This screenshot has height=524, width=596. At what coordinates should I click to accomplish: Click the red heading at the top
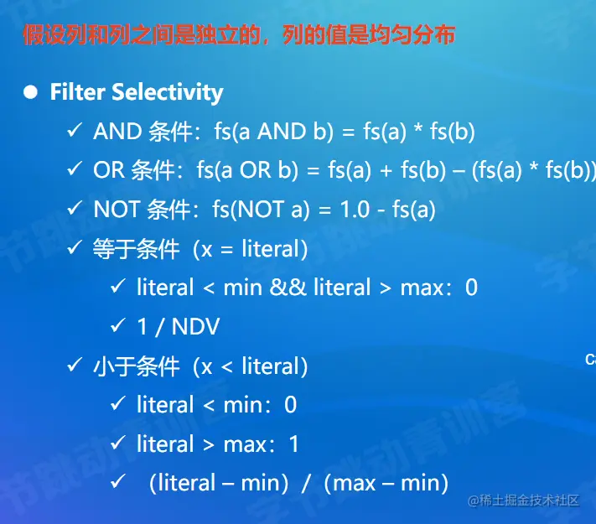(x=239, y=35)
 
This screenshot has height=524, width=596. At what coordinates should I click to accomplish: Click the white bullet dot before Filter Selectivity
(x=30, y=92)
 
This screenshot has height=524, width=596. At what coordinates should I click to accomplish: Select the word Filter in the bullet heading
(x=78, y=92)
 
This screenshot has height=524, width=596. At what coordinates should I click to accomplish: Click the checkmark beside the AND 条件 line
(x=75, y=130)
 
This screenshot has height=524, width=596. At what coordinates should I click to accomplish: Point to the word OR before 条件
(x=109, y=169)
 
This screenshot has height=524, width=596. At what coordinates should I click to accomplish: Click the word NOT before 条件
(x=117, y=209)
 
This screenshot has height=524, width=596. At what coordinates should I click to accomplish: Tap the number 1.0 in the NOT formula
(x=355, y=209)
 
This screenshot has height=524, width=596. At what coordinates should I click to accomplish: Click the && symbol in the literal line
(x=288, y=287)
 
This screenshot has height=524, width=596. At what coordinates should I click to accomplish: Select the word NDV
(x=196, y=326)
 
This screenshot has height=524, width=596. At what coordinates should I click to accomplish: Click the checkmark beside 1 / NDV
(x=118, y=325)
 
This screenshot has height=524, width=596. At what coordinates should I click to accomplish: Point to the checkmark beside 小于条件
(x=75, y=365)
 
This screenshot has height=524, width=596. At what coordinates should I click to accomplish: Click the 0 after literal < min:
(x=290, y=405)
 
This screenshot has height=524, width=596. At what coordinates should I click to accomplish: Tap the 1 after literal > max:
(x=293, y=444)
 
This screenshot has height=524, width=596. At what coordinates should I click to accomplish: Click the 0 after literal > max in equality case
(x=471, y=287)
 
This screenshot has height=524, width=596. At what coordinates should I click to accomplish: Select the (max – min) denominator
(x=386, y=483)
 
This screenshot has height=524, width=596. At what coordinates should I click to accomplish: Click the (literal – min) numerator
(x=219, y=483)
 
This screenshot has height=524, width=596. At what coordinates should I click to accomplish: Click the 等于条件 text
(x=137, y=249)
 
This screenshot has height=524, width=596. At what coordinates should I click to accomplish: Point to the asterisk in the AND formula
(x=418, y=128)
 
